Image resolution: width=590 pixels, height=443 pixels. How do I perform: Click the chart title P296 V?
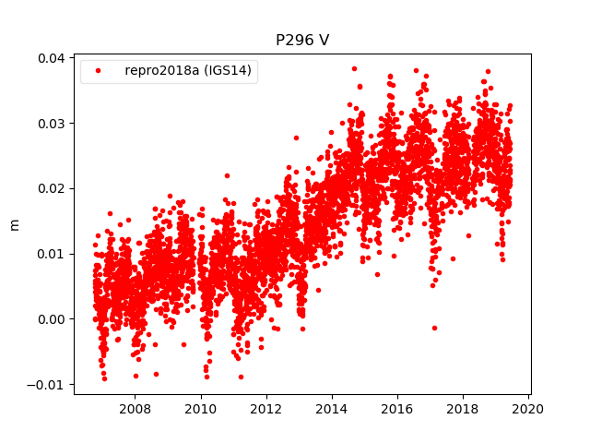click(302, 41)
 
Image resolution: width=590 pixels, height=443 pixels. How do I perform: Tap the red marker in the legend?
click(99, 71)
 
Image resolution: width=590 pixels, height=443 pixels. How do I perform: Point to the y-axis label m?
click(14, 225)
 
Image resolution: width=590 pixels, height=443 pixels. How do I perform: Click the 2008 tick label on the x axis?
click(136, 409)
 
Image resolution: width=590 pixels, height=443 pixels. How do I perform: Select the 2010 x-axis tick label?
click(201, 409)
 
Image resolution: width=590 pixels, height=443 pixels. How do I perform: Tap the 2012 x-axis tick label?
click(266, 409)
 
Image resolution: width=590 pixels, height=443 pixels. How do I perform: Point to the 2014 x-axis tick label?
click(332, 409)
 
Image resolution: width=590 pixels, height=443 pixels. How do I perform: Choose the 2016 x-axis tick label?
click(397, 409)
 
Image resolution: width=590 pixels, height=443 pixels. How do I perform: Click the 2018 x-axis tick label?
click(463, 409)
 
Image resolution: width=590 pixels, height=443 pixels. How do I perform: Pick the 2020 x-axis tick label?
click(528, 409)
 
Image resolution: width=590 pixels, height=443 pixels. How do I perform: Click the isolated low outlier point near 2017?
click(434, 328)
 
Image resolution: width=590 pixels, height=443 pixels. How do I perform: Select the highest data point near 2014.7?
click(354, 68)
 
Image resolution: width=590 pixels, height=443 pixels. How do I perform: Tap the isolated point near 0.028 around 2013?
click(296, 138)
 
